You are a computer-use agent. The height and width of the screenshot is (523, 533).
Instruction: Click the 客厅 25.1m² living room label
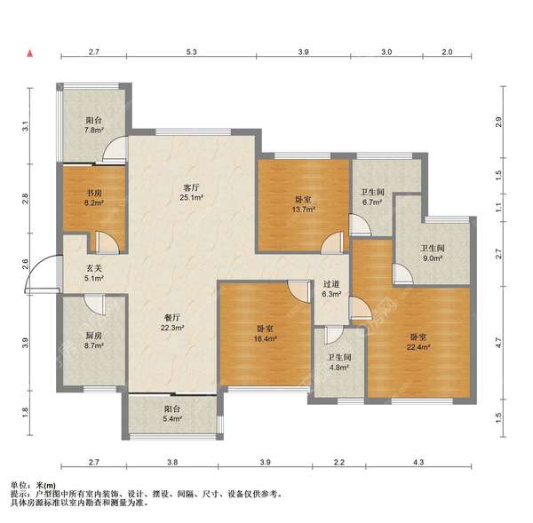coord(190,193)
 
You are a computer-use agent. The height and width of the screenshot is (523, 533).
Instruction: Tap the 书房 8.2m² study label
coord(91,196)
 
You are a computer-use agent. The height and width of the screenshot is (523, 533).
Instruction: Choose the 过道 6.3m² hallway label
coord(331,288)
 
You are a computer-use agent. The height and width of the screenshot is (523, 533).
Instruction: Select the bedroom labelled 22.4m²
coord(419,342)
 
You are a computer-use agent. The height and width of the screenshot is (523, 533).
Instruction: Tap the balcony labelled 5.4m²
coord(171,415)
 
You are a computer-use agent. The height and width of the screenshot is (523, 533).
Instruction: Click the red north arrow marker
coord(31,53)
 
